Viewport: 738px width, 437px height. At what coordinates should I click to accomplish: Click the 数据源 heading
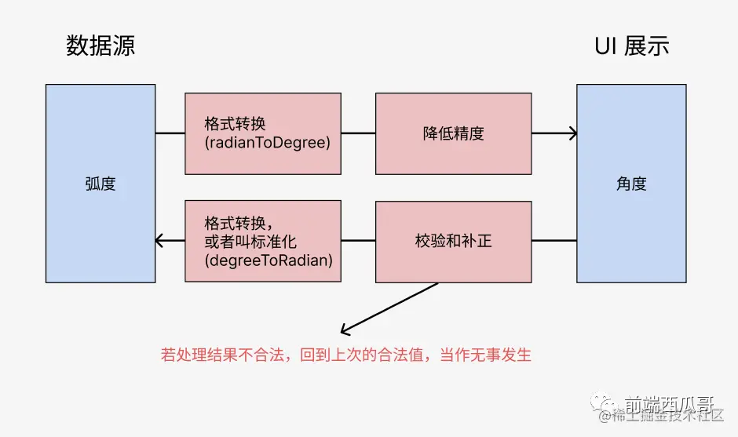coord(100,46)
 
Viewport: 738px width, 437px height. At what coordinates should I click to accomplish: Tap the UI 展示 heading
coord(632,46)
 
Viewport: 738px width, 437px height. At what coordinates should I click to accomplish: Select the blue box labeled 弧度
coord(100,184)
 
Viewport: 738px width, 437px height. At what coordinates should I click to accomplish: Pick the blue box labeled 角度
coord(631,184)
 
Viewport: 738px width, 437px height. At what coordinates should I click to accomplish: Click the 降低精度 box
coord(453,133)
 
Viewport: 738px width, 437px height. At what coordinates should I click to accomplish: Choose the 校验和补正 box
coord(453,241)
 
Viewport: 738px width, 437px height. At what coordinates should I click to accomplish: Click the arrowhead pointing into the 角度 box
coord(573,133)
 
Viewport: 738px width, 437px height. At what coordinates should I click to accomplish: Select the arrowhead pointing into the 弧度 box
coord(159,241)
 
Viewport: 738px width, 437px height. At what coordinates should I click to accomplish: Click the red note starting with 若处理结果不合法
coord(346,355)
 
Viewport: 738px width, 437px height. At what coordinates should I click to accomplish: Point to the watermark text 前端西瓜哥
coord(669,404)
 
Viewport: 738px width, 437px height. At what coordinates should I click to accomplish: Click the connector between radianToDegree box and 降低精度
coord(358,133)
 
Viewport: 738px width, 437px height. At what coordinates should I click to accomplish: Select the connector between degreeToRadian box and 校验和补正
coord(358,241)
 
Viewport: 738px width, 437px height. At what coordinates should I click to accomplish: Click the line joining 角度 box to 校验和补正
coord(553,241)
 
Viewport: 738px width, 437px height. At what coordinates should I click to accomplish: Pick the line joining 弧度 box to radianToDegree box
coord(170,133)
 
